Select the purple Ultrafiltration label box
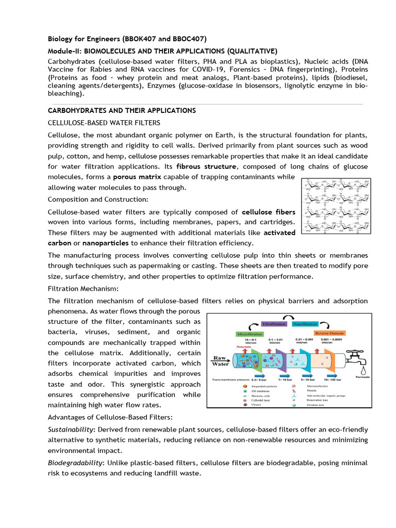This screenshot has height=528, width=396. click(274, 323)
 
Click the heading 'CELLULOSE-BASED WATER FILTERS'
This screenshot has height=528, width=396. click(104, 122)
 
